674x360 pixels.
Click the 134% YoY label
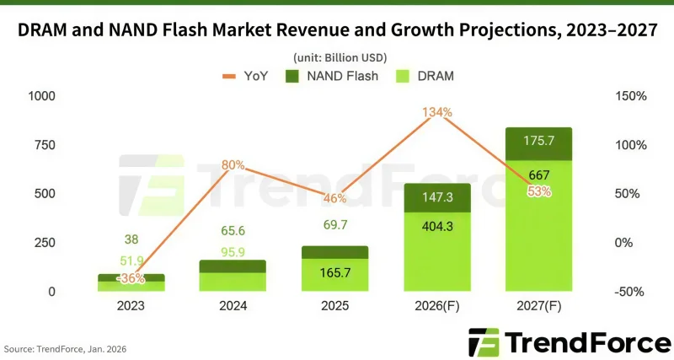point(438,113)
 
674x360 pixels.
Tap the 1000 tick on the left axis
point(40,97)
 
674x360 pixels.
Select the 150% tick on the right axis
point(630,97)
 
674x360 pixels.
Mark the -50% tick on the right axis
point(630,292)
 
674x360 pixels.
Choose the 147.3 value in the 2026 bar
point(437,196)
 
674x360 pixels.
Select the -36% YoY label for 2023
point(131,278)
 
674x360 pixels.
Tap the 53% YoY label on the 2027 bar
point(539,191)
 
